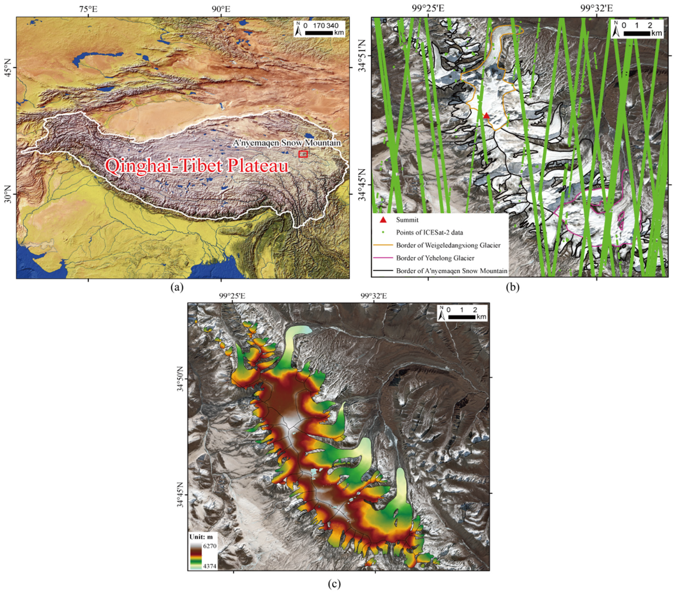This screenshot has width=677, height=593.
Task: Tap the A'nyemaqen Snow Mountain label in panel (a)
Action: [287, 143]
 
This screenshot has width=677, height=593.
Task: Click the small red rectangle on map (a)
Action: [303, 154]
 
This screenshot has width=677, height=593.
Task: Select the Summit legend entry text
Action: [407, 220]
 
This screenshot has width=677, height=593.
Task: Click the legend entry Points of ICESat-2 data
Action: [429, 232]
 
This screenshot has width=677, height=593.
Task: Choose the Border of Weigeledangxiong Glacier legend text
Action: [448, 245]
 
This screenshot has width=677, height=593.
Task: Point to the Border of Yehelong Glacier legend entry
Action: [435, 258]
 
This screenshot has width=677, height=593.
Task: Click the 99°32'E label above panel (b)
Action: [597, 8]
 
